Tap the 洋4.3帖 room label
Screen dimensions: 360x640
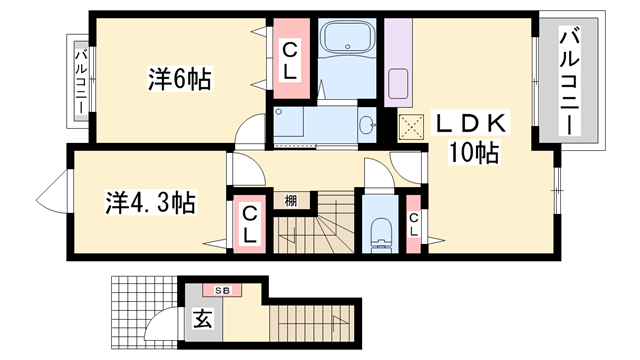(150, 201)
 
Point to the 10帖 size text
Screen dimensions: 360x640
(474, 153)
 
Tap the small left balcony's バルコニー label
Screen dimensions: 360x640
(80, 81)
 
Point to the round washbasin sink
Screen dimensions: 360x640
(367, 124)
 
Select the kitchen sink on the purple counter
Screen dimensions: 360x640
(396, 84)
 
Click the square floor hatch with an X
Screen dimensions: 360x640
(410, 126)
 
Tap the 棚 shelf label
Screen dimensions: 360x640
(290, 200)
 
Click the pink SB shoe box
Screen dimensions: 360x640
(221, 290)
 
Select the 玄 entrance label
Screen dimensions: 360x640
(201, 321)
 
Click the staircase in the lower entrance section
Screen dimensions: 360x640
(320, 326)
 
